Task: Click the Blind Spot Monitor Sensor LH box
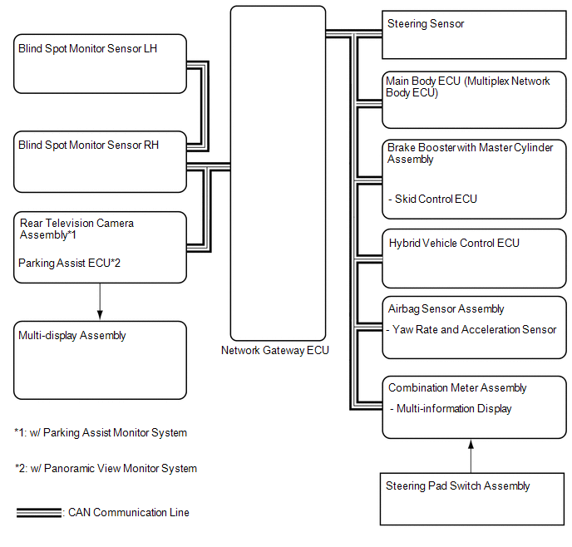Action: [x=100, y=63]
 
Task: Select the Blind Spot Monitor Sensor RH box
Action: [x=100, y=160]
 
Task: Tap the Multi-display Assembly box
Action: [x=100, y=360]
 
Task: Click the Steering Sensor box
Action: [x=475, y=35]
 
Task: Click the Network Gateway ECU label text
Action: [x=275, y=351]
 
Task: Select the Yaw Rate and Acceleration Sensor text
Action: [x=472, y=330]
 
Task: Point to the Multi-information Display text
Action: [x=451, y=409]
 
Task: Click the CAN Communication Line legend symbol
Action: [x=38, y=513]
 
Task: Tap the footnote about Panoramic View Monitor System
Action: [x=106, y=469]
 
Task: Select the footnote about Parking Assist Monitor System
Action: [x=101, y=433]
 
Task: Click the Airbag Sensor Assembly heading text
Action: [x=446, y=309]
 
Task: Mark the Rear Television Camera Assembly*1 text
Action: [x=76, y=229]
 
